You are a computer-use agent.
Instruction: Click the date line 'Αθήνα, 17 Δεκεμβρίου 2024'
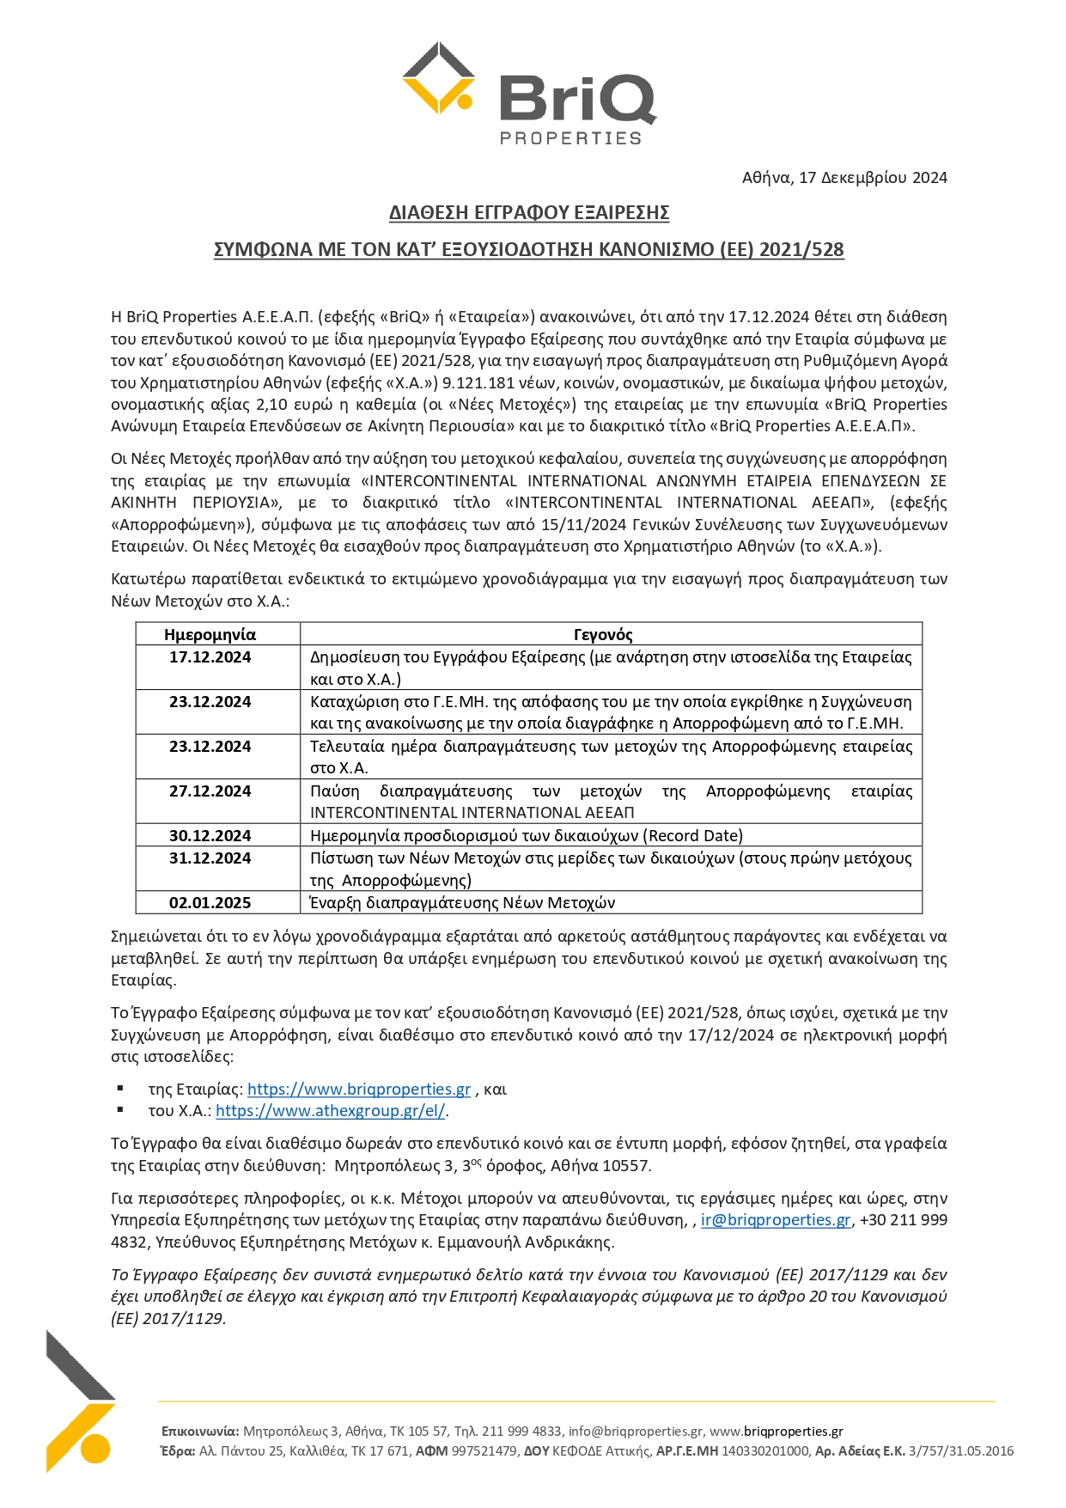point(844,178)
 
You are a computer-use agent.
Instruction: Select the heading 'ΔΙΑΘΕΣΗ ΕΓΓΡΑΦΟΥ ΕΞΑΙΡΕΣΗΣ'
point(529,212)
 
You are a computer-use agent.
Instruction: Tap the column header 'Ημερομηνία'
point(210,635)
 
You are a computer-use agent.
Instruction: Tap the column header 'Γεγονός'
point(603,635)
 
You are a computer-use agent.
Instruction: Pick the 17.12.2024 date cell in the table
point(210,657)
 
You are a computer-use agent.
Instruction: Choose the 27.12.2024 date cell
point(210,791)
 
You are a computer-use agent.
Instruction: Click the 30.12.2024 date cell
point(210,836)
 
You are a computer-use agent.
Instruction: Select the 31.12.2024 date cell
point(210,858)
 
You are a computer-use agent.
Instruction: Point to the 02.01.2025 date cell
point(210,903)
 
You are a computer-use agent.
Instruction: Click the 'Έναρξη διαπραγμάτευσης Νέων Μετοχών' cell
point(462,903)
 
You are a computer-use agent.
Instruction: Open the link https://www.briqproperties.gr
point(359,1090)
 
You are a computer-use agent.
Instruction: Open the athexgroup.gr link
point(331,1111)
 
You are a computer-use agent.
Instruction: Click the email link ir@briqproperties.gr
point(776,1220)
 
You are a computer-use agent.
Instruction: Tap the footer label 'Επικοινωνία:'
point(200,1432)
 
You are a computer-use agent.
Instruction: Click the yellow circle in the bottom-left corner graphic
point(96,1448)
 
